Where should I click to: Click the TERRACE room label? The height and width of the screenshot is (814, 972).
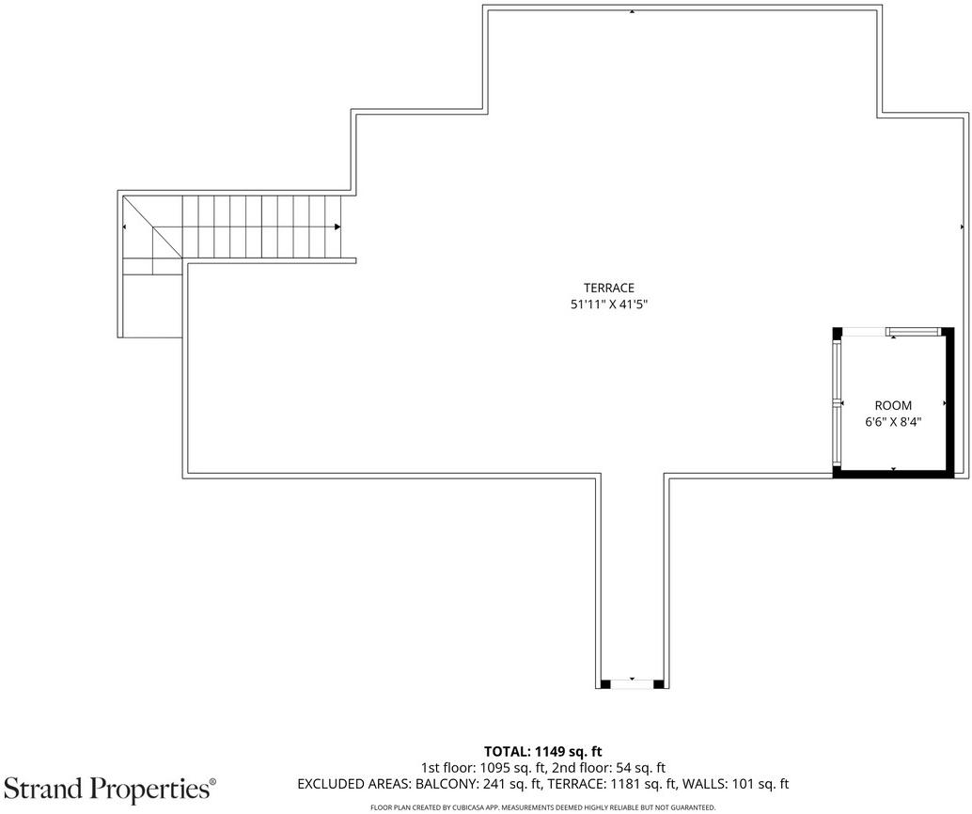tap(609, 288)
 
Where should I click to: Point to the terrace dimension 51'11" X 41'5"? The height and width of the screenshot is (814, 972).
tap(609, 305)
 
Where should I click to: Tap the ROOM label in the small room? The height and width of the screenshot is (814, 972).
tap(893, 405)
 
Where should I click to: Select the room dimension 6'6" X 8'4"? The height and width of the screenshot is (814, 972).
tap(893, 422)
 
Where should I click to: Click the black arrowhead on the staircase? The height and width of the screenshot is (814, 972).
tap(337, 227)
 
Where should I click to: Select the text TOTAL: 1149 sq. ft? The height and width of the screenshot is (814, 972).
tap(543, 752)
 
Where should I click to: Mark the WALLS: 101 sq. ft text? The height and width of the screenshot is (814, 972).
tap(735, 784)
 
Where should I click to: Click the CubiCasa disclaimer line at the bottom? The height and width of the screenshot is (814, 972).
tap(543, 807)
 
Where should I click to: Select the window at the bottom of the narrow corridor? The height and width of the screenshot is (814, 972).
tap(633, 684)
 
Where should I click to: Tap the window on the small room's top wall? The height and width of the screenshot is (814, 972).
tap(913, 333)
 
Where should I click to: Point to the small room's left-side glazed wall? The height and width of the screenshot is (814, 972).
tap(837, 403)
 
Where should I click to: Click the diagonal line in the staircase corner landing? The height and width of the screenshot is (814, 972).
tap(152, 227)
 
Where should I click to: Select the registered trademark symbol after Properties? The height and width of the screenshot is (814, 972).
tap(213, 782)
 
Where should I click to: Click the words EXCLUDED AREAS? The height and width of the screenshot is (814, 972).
tap(353, 784)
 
